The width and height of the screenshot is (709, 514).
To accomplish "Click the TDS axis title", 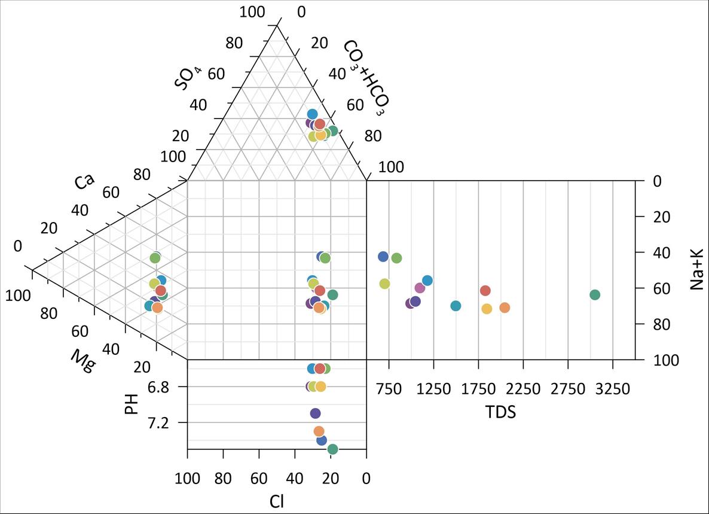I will coord(500,412).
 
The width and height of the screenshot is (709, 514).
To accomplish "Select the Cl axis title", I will coord(276,501).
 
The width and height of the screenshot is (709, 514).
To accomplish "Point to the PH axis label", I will coord(132,403).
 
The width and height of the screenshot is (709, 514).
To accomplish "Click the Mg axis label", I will coord(82,361).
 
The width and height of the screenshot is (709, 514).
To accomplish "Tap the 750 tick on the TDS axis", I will coord(389,390).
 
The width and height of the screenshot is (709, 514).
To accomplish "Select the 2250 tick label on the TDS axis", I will coord(523,390).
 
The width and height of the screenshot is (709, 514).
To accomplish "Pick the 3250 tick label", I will coord(613,390).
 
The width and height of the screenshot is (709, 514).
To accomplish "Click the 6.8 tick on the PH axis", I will coord(158,387).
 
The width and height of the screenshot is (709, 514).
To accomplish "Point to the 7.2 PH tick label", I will coord(158,423).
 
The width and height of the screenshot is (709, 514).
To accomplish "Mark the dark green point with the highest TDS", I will coord(594,294).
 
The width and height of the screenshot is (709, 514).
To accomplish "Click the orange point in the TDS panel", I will coord(505,308).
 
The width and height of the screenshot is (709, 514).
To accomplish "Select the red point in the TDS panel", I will coord(485,290).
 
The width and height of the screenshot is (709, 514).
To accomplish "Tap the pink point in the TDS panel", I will coord(420,288).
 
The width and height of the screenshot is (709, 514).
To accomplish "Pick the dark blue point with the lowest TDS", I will coord(383,257).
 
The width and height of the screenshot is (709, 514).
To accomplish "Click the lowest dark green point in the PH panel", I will coord(332,449).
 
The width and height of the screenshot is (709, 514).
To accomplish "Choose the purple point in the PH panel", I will coord(316,413).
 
